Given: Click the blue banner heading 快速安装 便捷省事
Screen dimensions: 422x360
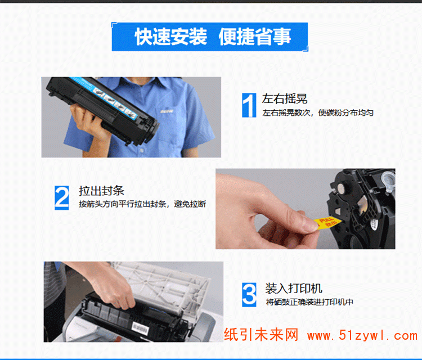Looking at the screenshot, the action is click(213, 37).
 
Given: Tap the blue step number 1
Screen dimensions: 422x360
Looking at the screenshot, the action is click(249, 105).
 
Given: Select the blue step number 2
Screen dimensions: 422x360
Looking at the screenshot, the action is click(62, 197).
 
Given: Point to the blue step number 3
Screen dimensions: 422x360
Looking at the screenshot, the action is click(249, 295).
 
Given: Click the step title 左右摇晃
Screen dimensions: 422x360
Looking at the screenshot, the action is click(285, 99).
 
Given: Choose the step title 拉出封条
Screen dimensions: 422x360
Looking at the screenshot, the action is click(101, 191).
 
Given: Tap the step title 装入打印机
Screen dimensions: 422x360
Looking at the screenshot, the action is click(294, 289).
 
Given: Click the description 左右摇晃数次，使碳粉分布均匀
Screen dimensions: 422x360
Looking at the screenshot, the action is click(318, 112).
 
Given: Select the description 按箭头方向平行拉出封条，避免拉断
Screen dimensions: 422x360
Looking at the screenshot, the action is click(142, 204).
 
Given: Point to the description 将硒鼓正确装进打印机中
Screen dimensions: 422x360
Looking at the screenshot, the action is click(309, 302).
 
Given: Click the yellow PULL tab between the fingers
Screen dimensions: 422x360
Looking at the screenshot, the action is click(327, 223).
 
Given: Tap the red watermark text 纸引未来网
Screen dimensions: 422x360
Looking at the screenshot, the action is click(261, 335).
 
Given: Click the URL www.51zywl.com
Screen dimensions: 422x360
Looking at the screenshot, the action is click(362, 335).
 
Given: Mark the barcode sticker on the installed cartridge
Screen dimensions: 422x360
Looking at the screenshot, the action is click(140, 328).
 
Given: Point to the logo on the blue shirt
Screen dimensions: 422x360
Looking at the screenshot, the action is click(167, 111).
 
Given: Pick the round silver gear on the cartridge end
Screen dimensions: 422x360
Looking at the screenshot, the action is click(342, 188).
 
